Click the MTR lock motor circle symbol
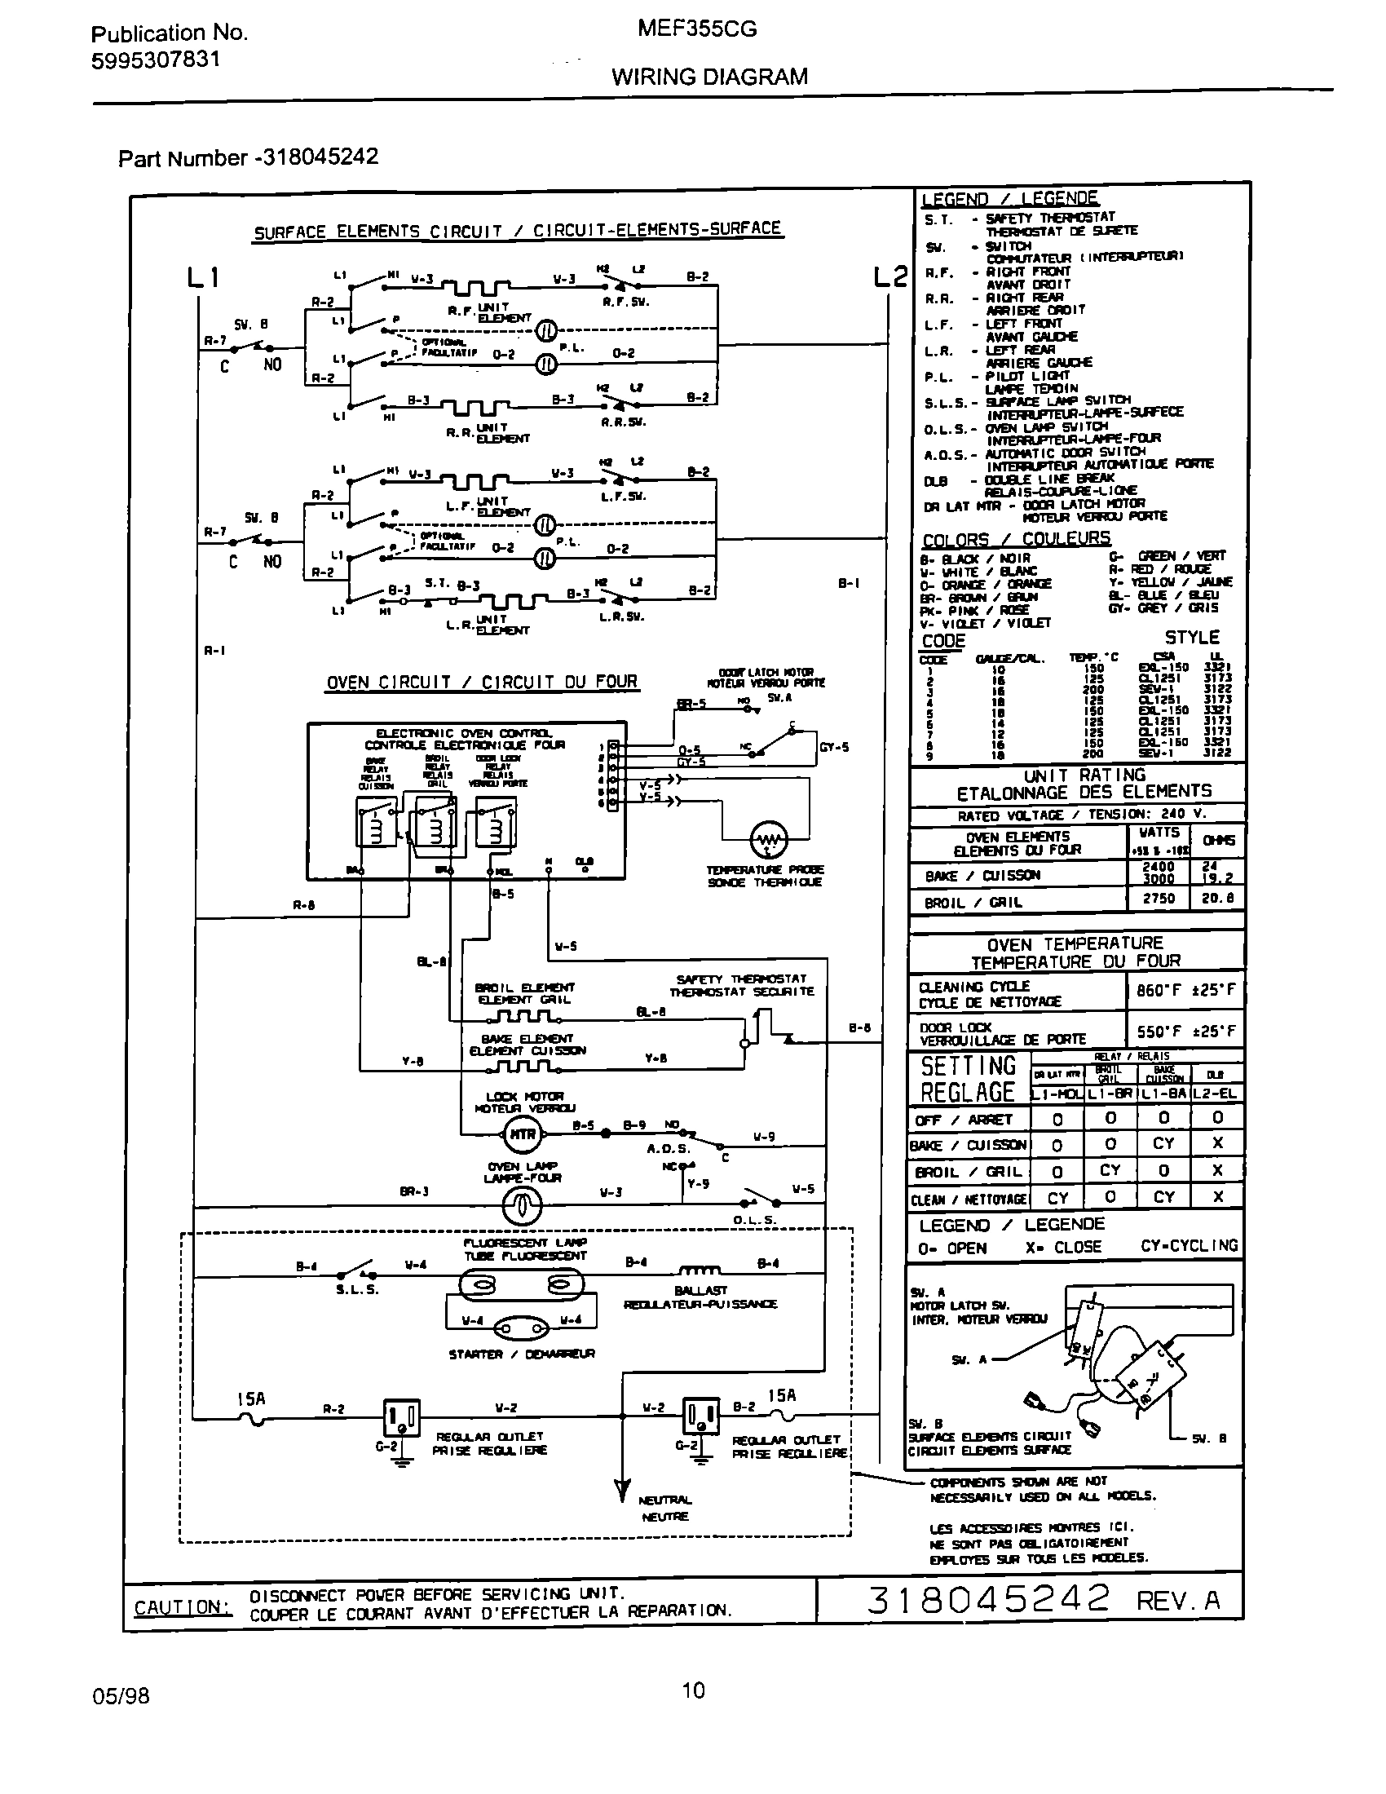tap(523, 1134)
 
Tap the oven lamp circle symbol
tap(523, 1205)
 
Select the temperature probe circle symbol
tap(769, 839)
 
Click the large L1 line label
tap(203, 278)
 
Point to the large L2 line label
tap(890, 277)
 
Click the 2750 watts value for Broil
tap(1159, 899)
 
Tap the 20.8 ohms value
tap(1218, 899)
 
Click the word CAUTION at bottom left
tap(183, 1607)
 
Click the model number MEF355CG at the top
tap(696, 29)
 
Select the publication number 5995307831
tap(155, 60)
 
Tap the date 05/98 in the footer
tap(121, 1695)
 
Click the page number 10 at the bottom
tap(693, 1690)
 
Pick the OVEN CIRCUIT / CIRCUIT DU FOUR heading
tap(481, 683)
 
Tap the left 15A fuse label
tap(250, 1399)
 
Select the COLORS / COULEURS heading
tap(1016, 539)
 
